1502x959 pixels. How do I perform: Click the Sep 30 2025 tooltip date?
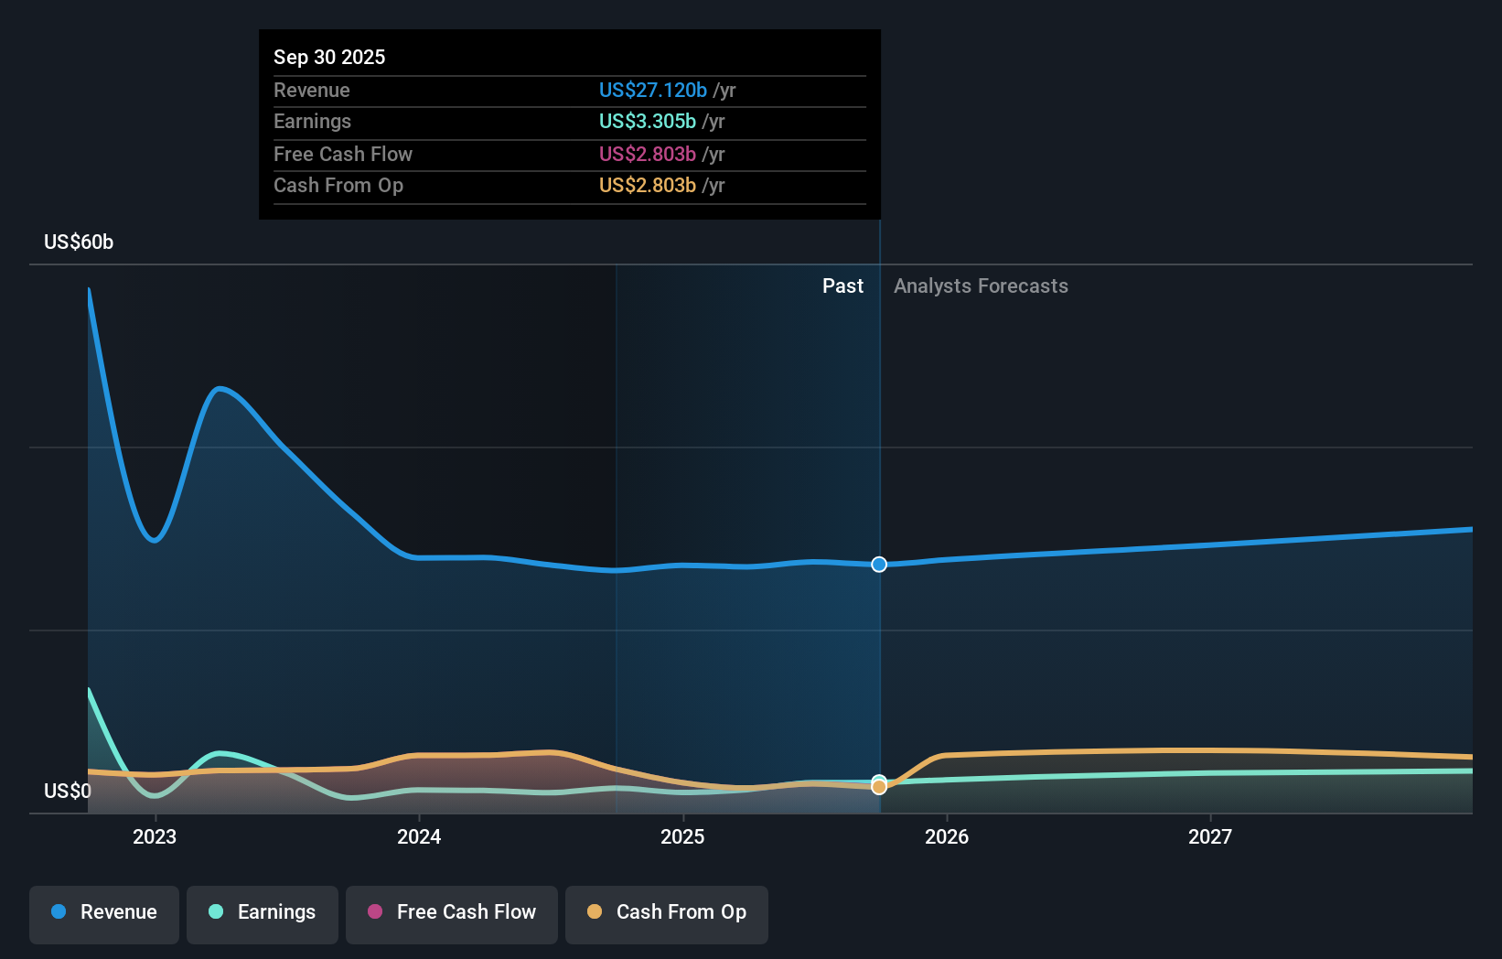[329, 57]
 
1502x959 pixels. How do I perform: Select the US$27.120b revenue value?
[652, 90]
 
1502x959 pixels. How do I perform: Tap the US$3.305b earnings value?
[647, 121]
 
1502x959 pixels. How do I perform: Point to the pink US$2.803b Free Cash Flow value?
[647, 154]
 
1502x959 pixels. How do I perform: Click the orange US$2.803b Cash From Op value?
[647, 185]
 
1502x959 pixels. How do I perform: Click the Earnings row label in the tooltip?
[312, 121]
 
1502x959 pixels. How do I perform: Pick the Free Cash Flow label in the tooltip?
[342, 154]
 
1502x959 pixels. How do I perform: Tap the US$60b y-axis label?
[79, 242]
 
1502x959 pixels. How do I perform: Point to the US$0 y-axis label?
[68, 791]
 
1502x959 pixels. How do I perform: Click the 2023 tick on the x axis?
[155, 836]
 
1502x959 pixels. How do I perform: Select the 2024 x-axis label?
[419, 836]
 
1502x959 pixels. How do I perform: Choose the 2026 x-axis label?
[947, 836]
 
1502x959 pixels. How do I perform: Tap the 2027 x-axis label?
[1210, 836]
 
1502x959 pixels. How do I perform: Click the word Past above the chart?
[842, 286]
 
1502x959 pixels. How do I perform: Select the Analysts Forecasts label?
[981, 286]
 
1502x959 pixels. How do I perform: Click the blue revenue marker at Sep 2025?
[879, 565]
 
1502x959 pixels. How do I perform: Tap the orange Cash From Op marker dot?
[879, 787]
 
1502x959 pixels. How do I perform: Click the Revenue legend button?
[104, 913]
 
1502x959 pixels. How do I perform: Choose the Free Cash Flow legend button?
[452, 913]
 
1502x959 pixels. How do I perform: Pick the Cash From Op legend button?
[667, 913]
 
